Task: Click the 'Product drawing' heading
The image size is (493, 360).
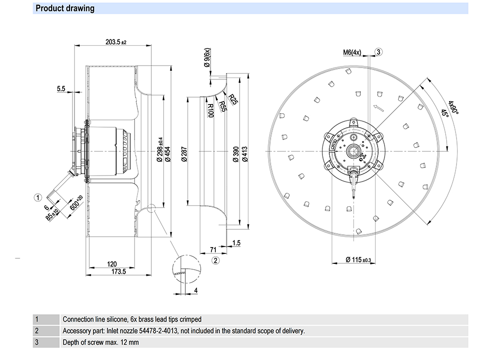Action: (65, 9)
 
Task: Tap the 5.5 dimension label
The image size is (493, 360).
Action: (61, 89)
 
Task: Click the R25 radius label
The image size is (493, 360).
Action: (233, 100)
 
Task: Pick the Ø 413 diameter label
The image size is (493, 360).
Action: (245, 154)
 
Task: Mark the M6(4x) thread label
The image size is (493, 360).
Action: (352, 52)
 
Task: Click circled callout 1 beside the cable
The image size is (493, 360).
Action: (37, 198)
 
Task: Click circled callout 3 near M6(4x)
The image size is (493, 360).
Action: (378, 52)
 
